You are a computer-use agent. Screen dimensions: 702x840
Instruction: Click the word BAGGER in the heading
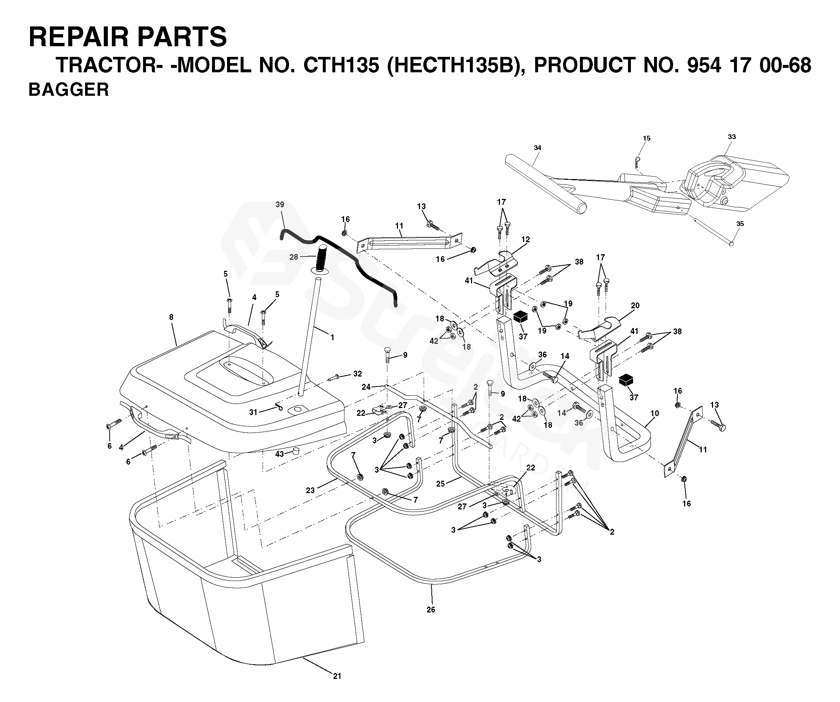pos(68,90)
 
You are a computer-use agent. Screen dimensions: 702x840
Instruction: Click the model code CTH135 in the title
pos(341,65)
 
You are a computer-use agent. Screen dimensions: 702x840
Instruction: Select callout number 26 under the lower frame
pos(431,610)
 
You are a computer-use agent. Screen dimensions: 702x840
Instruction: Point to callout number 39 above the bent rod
pos(280,204)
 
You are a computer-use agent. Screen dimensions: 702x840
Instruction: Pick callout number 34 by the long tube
pos(537,148)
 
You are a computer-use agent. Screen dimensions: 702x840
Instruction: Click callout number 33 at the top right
pos(731,137)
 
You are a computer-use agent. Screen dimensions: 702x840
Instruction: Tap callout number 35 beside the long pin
pos(740,224)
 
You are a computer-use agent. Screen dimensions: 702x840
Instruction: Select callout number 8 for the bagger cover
pos(171,317)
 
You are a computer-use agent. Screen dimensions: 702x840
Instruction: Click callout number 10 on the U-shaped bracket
pos(654,413)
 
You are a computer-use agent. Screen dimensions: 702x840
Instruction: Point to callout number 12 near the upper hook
pos(526,239)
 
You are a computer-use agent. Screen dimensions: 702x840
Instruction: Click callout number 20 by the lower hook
pos(635,305)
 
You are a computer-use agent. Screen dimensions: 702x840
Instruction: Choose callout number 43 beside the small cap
pos(279,454)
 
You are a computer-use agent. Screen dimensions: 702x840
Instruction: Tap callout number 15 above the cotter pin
pos(646,138)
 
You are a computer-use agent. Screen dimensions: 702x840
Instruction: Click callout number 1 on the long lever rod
pos(332,337)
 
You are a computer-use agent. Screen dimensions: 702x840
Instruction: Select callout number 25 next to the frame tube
pos(441,484)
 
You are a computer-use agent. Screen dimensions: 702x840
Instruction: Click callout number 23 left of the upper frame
pos(310,490)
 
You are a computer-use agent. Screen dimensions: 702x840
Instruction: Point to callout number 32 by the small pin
pos(357,374)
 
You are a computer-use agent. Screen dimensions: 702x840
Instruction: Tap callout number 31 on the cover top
pos(253,412)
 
